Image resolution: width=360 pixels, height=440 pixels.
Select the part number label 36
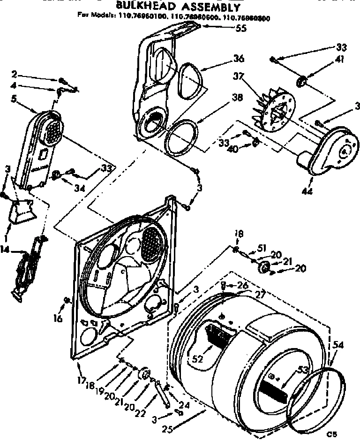coord(239,59)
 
